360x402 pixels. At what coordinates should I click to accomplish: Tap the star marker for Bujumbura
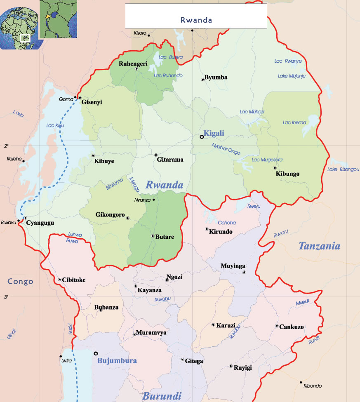pyautogui.click(x=96, y=353)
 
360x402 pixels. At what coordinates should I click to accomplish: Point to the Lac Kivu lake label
pyautogui.click(x=55, y=125)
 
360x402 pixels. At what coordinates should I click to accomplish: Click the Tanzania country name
pyautogui.click(x=320, y=246)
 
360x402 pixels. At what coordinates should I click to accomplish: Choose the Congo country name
pyautogui.click(x=20, y=282)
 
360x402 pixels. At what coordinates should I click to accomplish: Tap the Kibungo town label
pyautogui.click(x=287, y=174)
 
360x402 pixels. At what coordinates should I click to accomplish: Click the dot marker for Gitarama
pyautogui.click(x=156, y=155)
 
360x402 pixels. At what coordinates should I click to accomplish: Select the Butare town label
pyautogui.click(x=165, y=237)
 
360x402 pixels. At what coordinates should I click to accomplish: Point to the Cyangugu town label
pyautogui.click(x=40, y=223)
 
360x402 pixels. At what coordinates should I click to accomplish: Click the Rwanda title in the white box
pyautogui.click(x=196, y=20)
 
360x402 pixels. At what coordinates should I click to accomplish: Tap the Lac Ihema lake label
pyautogui.click(x=294, y=122)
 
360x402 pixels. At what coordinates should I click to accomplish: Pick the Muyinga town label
pyautogui.click(x=233, y=266)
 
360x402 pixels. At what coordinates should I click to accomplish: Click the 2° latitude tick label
pyautogui.click(x=6, y=146)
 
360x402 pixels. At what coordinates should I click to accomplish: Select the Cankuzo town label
pyautogui.click(x=292, y=327)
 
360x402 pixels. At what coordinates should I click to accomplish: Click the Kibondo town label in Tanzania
pyautogui.click(x=313, y=386)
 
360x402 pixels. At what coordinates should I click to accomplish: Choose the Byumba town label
pyautogui.click(x=216, y=77)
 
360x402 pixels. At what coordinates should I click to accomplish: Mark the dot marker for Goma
pyautogui.click(x=75, y=97)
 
